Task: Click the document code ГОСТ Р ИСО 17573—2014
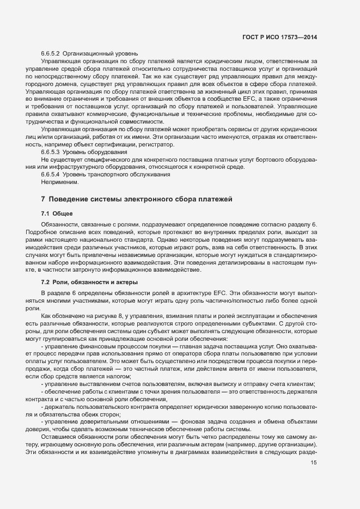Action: pos(279,37)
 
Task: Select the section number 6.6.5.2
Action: pos(51,54)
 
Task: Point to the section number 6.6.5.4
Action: pos(51,174)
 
